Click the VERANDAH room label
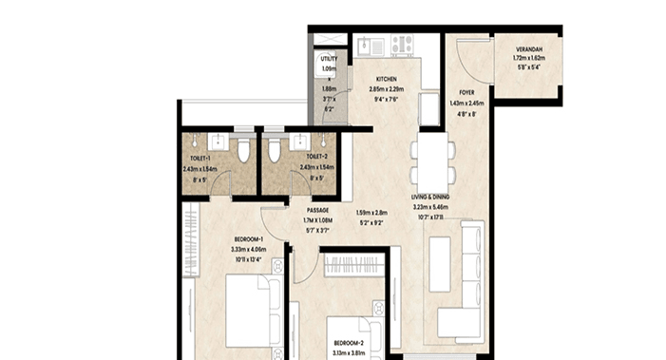click(529, 49)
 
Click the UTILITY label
click(329, 59)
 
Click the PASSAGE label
click(318, 210)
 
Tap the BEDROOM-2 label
click(349, 342)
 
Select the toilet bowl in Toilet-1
click(244, 152)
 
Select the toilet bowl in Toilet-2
click(273, 152)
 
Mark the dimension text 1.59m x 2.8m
click(372, 213)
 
